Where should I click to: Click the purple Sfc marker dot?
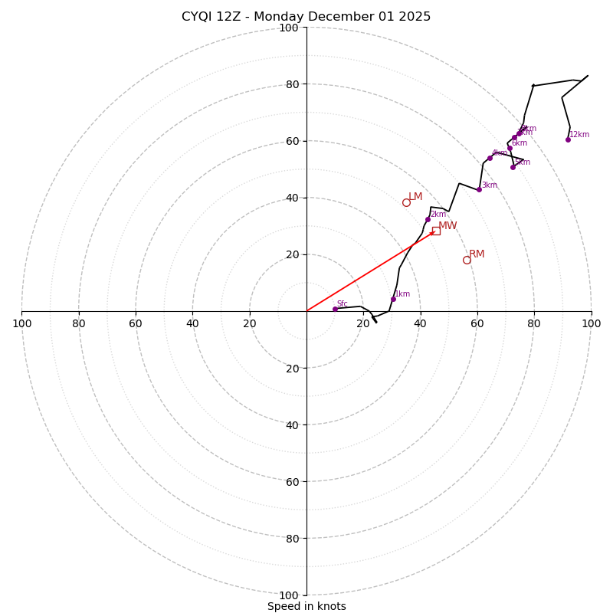pos(335,309)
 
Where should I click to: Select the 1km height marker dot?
pos(393,299)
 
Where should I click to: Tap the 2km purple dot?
pos(428,219)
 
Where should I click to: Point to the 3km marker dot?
pos(479,189)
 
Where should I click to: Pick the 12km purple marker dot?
pos(568,139)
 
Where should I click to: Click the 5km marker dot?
pos(513,167)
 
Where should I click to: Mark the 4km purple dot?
pos(490,158)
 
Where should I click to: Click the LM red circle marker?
pos(406,202)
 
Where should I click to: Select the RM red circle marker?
pos(467,260)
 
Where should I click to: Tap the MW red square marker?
pos(436,231)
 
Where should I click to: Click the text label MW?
pos(447,226)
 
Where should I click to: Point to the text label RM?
pos(477,254)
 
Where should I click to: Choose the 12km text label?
pos(579,135)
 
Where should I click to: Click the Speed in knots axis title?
pos(306,607)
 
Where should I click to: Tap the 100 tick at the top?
pos(289,28)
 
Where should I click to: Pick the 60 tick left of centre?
pos(136,323)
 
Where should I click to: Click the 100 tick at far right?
pos(591,323)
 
